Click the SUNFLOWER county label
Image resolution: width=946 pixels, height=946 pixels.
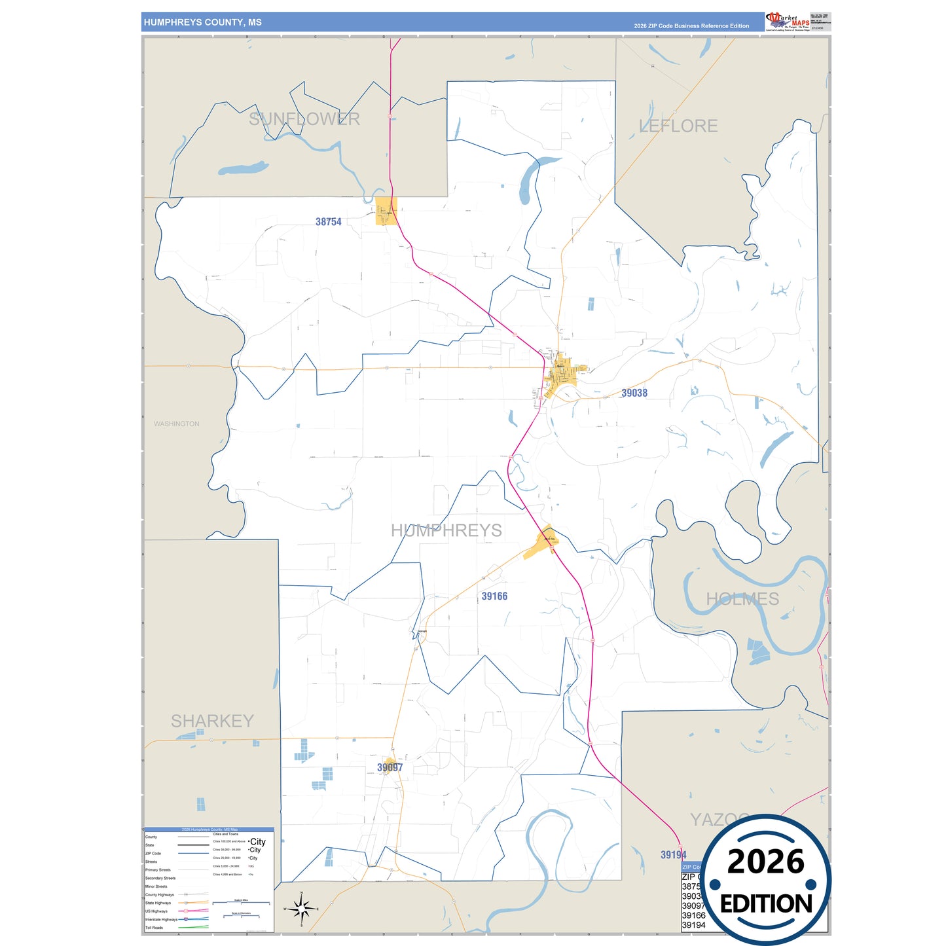(304, 119)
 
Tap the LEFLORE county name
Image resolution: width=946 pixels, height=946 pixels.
(678, 126)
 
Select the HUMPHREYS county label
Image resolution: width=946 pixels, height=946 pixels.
(446, 530)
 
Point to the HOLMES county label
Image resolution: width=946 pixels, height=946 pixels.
(742, 599)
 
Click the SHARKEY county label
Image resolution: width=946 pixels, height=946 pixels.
(212, 721)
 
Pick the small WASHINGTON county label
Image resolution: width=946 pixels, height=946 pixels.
(177, 424)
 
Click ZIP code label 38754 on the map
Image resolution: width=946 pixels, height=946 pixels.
(329, 222)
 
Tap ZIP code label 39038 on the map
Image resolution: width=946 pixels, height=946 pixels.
(634, 393)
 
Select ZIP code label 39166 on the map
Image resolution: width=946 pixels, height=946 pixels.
(494, 596)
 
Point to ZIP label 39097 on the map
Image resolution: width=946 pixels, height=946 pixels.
(390, 767)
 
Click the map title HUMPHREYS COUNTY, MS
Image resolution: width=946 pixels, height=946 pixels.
(203, 22)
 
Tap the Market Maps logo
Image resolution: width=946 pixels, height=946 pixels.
(788, 22)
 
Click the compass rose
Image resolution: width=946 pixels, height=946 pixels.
(301, 909)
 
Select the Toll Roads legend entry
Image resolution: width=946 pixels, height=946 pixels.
(155, 928)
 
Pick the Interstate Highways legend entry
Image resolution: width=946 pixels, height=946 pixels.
(161, 919)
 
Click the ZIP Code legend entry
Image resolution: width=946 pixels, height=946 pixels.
(153, 854)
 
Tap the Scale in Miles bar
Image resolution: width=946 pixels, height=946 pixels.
(241, 903)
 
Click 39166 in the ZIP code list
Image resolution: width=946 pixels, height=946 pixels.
(693, 915)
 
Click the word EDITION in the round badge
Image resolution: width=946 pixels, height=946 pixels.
(766, 904)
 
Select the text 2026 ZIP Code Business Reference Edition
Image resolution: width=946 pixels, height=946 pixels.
(691, 26)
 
